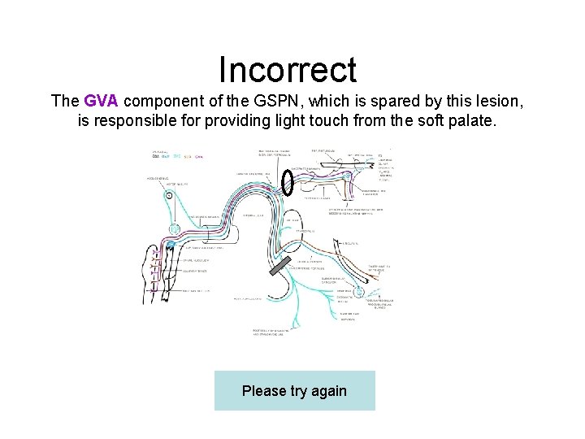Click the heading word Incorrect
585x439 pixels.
pos(288,70)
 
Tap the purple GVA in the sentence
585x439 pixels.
pos(102,102)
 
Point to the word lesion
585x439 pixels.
pos(500,102)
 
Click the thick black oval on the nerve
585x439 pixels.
pos(287,182)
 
